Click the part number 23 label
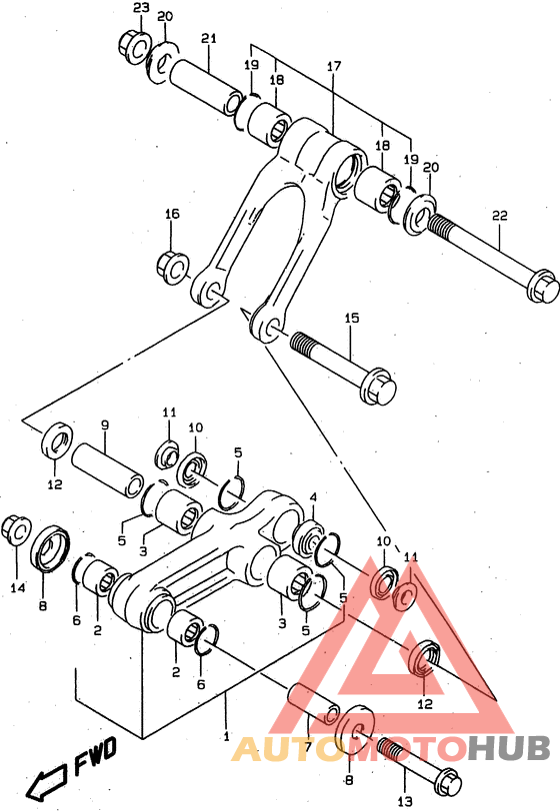tap(141, 8)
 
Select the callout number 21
tap(208, 39)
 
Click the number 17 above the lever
tap(334, 67)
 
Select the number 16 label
tap(172, 215)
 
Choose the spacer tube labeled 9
tap(110, 468)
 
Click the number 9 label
tap(104, 423)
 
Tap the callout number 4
tap(313, 496)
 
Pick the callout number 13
tap(404, 802)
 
